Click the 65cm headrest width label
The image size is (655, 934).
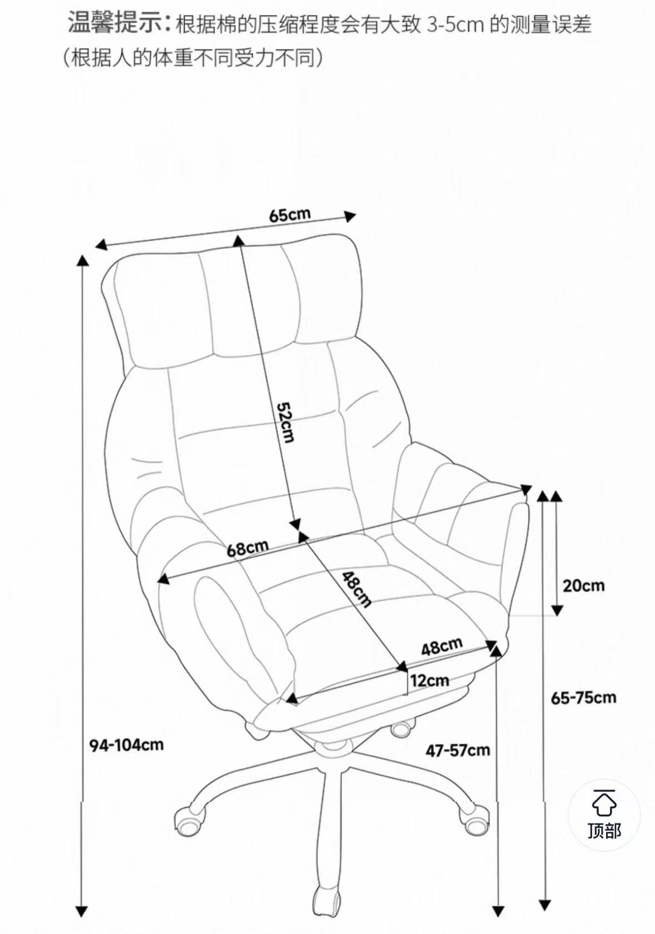(290, 215)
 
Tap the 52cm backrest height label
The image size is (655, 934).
(286, 421)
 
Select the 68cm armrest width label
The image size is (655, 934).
(247, 548)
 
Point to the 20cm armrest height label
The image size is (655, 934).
(584, 586)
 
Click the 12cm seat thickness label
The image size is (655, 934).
(429, 681)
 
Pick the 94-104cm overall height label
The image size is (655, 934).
(127, 745)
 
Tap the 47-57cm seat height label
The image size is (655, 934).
(458, 751)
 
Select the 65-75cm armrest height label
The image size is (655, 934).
(583, 697)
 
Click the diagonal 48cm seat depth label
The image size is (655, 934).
(357, 590)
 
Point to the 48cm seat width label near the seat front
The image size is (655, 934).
(442, 646)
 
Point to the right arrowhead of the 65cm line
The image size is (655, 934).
(349, 216)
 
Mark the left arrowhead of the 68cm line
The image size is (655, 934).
(163, 579)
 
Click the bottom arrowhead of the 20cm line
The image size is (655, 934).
(557, 610)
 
